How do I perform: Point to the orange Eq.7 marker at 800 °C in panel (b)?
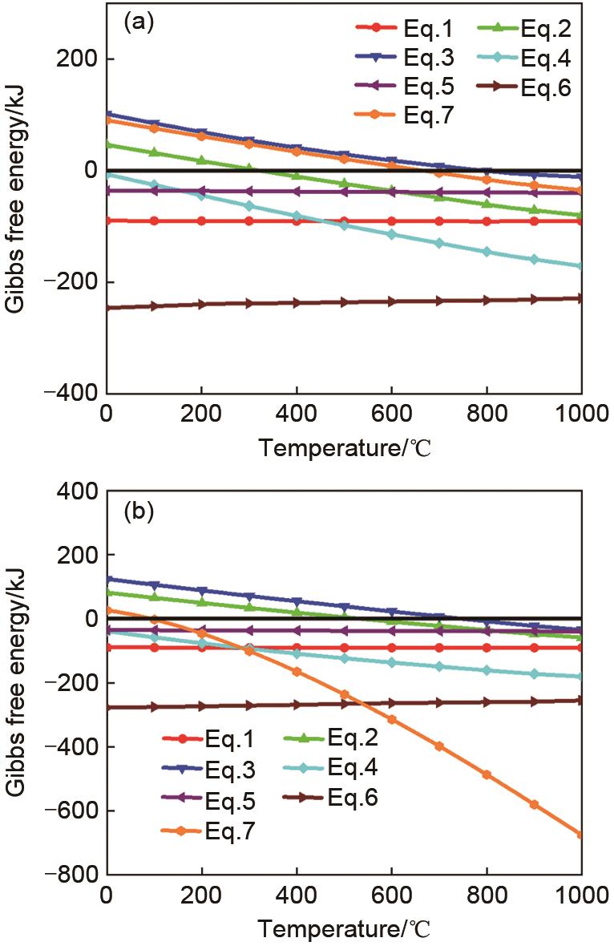pyautogui.click(x=486, y=774)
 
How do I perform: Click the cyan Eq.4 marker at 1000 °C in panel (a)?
pyautogui.click(x=580, y=266)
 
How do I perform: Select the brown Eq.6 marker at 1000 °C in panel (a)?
pyautogui.click(x=580, y=298)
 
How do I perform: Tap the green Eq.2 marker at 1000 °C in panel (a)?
pyautogui.click(x=580, y=216)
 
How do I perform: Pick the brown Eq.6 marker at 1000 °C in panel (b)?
pyautogui.click(x=580, y=700)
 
